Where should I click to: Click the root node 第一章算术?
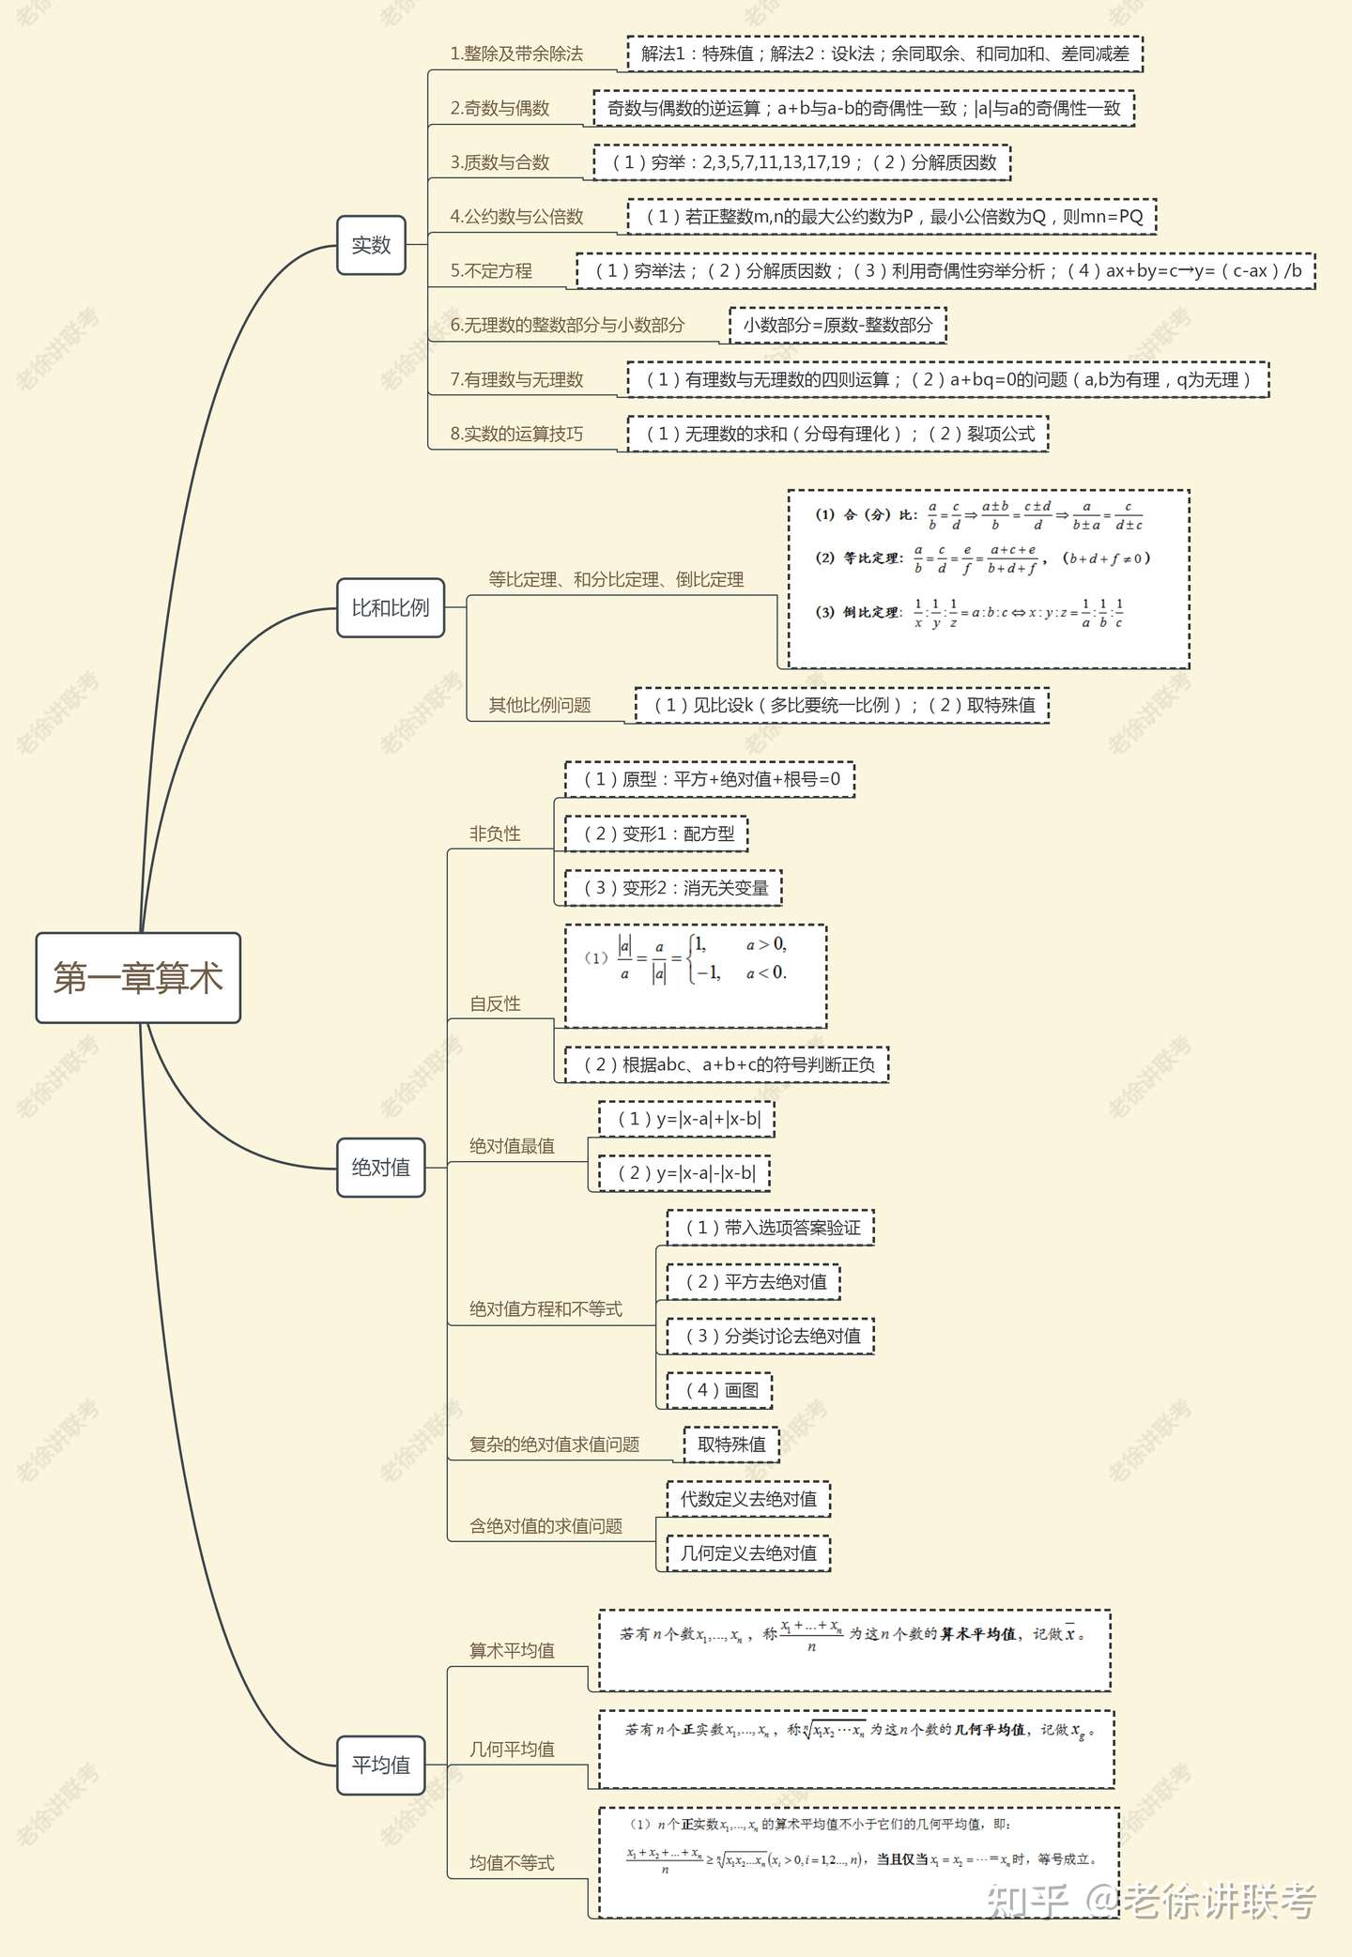(x=138, y=978)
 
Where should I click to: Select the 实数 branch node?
(x=371, y=245)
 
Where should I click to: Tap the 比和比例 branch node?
(x=390, y=608)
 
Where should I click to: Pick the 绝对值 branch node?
(x=380, y=1168)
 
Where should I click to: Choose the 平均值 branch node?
(x=380, y=1766)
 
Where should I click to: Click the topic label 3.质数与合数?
(x=499, y=162)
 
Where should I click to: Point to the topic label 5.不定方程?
(x=491, y=271)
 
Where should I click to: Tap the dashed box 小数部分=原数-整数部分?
(x=837, y=325)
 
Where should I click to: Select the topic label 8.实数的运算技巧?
(x=516, y=434)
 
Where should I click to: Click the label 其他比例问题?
(x=540, y=705)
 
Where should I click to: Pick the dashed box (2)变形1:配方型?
(x=656, y=833)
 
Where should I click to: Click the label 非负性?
(x=495, y=833)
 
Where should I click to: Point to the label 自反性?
(x=495, y=1003)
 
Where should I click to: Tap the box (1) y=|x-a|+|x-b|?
(x=686, y=1119)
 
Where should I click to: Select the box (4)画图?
(x=719, y=1390)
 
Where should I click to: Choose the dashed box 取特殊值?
(x=731, y=1445)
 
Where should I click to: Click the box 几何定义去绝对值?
(x=748, y=1553)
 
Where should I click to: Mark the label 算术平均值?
(x=512, y=1650)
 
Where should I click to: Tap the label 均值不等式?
(x=512, y=1862)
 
